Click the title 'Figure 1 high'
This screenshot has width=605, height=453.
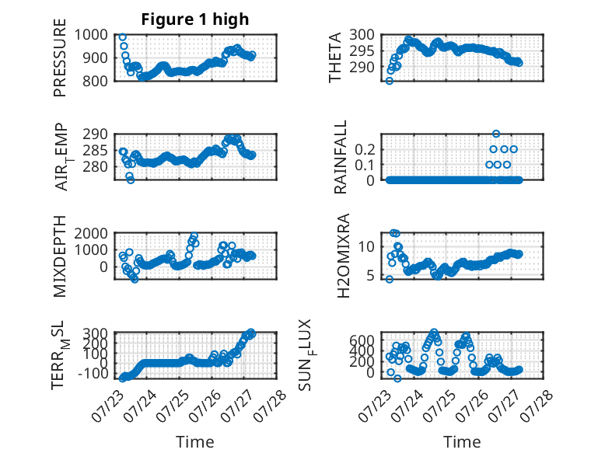coord(195,19)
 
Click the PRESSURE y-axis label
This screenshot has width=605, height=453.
coord(60,57)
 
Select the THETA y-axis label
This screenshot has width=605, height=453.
coord(335,57)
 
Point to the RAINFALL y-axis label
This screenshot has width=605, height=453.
coord(341,157)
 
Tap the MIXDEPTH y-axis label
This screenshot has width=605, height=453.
coord(60,256)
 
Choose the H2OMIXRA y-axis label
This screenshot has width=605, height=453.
coord(343,256)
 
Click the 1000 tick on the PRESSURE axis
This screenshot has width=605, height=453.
coord(91,35)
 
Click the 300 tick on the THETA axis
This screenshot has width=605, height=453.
coord(362,35)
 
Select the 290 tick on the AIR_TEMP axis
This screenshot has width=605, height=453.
coord(95,134)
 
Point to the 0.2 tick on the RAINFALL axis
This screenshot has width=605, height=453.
coord(365,149)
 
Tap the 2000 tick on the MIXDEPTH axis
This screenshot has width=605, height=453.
coord(91,233)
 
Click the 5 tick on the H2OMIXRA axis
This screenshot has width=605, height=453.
coord(370,276)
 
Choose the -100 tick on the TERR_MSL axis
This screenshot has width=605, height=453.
coord(93,373)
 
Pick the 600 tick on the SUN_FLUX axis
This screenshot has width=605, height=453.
coord(362,340)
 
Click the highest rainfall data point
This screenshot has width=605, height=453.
coord(496,134)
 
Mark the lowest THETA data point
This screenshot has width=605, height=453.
coord(390,81)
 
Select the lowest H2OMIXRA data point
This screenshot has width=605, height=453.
coord(390,280)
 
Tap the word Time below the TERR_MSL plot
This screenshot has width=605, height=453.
coord(195,442)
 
